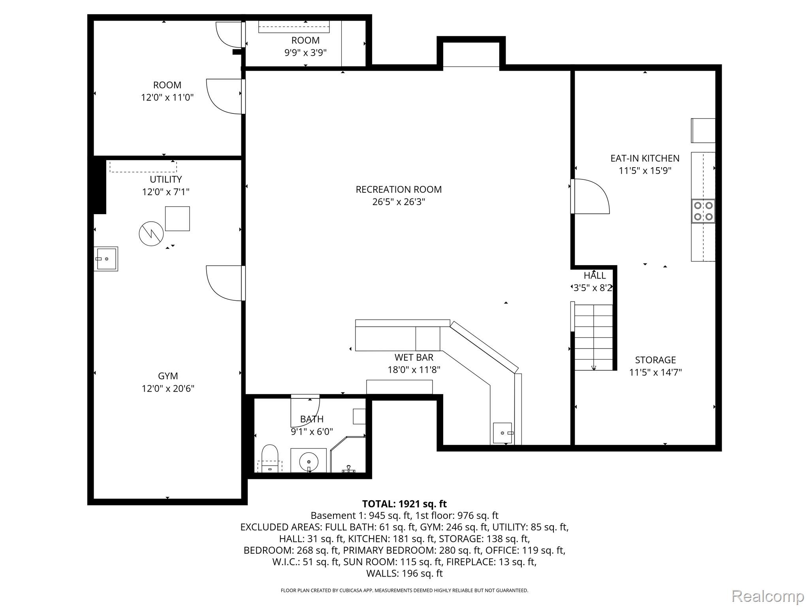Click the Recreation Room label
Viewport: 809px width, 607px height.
click(x=399, y=189)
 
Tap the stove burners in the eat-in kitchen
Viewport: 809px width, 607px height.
click(x=703, y=211)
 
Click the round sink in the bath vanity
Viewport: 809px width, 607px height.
click(x=309, y=461)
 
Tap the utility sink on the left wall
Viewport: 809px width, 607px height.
click(x=106, y=259)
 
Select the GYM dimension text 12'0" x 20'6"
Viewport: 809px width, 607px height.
click(x=168, y=388)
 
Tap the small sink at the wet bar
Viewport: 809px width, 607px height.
click(x=502, y=433)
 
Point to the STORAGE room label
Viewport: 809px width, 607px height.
click(x=655, y=360)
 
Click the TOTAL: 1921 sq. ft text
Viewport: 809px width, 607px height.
click(x=404, y=504)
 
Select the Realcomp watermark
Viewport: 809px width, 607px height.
click(x=768, y=596)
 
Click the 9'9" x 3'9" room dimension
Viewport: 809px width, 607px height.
click(x=305, y=53)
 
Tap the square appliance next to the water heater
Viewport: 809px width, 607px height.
click(x=177, y=219)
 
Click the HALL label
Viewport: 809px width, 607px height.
click(x=595, y=275)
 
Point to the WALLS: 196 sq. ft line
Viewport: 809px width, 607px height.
click(x=404, y=573)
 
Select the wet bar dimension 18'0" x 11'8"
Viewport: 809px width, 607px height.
click(x=414, y=370)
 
